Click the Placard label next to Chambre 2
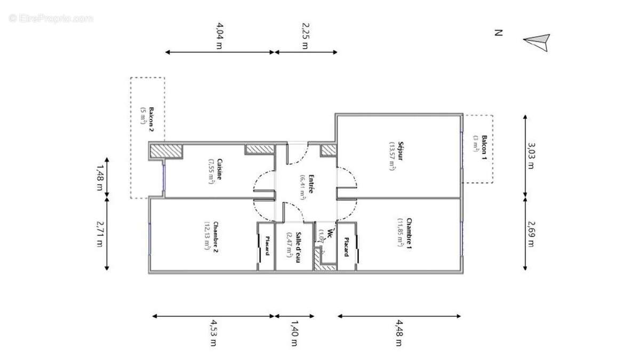coord(267,245)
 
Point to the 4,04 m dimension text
coord(219,35)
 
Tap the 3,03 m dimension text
coord(530,155)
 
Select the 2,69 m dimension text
coord(530,234)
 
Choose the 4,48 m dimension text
coord(398,333)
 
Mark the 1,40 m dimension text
coord(293,333)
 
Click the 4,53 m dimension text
coord(213,333)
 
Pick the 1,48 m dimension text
coord(99,177)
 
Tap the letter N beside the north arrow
coord(498,33)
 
